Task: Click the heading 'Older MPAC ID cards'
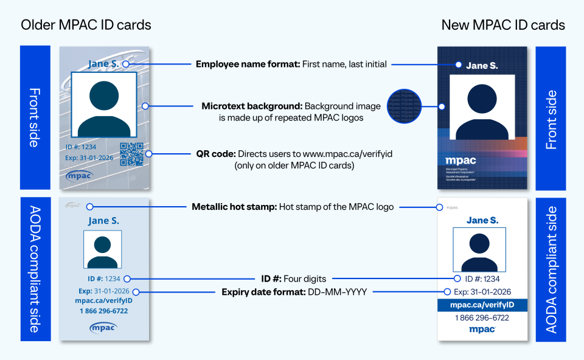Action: pos(86,25)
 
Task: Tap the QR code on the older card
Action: pos(131,154)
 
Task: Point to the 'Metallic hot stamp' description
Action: pos(293,207)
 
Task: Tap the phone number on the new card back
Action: pos(482,318)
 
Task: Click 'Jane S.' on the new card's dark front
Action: pos(482,66)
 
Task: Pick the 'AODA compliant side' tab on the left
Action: pos(35,269)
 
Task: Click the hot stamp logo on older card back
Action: pos(73,206)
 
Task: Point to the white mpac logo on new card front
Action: pos(461,161)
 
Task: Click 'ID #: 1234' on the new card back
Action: pos(482,279)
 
